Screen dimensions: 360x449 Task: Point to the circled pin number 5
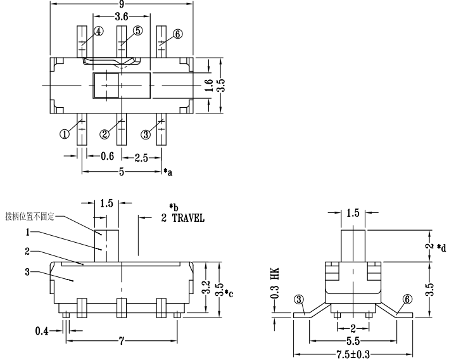point(138,30)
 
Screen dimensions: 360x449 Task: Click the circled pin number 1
point(65,134)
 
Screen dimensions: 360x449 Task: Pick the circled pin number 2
point(105,134)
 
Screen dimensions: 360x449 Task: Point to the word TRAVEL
point(188,218)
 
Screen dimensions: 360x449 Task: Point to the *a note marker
point(168,172)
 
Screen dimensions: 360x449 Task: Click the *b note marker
point(172,207)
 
